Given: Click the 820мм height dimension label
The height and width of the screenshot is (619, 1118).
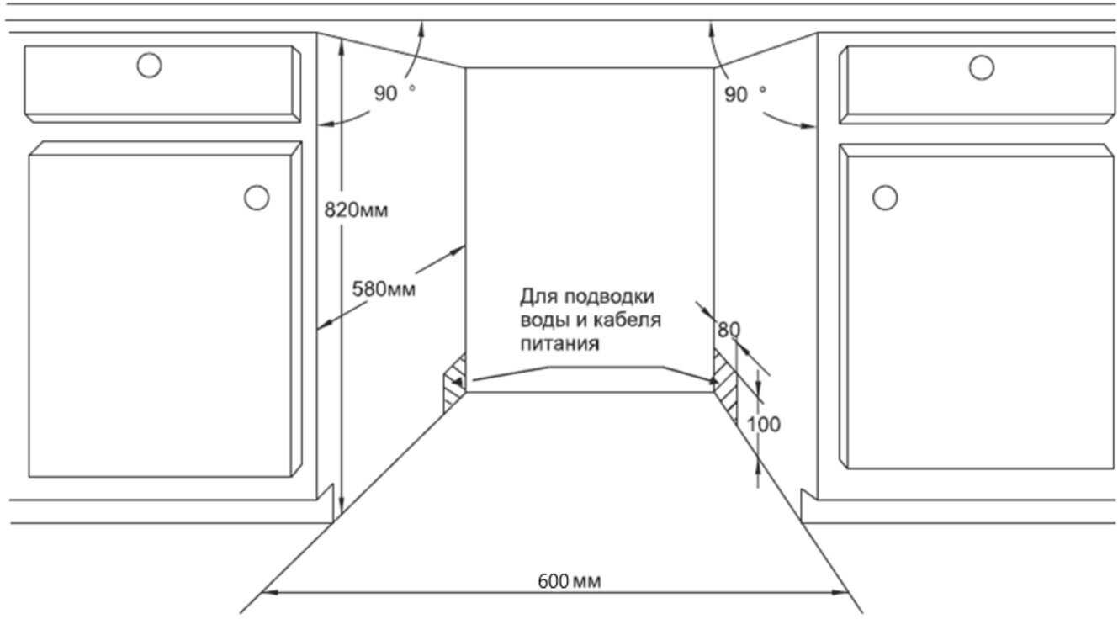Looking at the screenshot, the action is coord(356,210).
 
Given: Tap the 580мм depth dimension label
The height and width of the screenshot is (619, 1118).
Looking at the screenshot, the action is coord(384,288).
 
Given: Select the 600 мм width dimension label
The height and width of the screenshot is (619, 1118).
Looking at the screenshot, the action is coord(570,581).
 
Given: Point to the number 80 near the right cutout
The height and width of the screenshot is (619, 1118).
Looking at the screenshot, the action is coord(729,330).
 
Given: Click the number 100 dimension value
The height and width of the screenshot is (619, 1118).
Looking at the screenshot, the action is coord(764,425).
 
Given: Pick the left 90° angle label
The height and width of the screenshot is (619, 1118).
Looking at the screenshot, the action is coord(395,93).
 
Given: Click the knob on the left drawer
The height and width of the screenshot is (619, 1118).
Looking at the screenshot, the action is coord(149,66).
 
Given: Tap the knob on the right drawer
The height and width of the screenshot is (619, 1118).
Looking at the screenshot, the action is coord(982,67).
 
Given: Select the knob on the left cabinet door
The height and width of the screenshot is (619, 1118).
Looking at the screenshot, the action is coord(257,198).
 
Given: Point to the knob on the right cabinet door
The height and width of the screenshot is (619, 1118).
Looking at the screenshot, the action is coord(885,198).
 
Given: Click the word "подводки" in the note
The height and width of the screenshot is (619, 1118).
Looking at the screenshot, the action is coord(609,297).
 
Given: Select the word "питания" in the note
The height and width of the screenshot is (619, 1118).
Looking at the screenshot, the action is coord(559,344).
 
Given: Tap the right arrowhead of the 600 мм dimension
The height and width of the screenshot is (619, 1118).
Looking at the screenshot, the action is coord(840,593).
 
